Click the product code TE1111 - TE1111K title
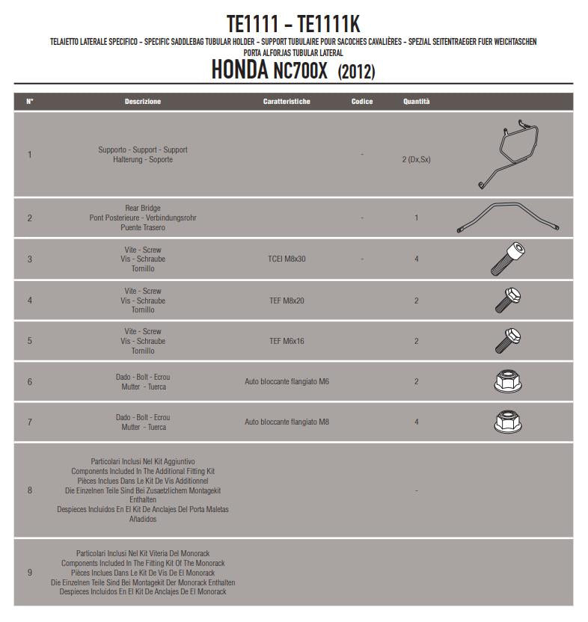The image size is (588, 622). click(293, 24)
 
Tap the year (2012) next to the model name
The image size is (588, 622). click(356, 72)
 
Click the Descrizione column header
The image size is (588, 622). click(142, 102)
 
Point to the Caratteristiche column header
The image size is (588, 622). click(287, 102)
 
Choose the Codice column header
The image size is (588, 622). click(362, 102)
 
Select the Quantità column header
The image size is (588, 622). click(417, 102)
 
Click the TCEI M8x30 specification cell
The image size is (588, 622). click(287, 259)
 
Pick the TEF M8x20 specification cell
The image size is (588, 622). click(287, 301)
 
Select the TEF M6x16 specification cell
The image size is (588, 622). click(287, 341)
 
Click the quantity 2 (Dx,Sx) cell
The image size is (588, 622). click(417, 159)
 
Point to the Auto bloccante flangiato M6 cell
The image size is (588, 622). click(287, 382)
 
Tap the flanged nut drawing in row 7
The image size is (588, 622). click(508, 422)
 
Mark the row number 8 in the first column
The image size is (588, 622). click(30, 490)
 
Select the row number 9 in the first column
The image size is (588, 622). click(30, 573)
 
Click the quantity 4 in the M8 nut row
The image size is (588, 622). click(417, 422)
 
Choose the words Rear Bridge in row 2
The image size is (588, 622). click(142, 209)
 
